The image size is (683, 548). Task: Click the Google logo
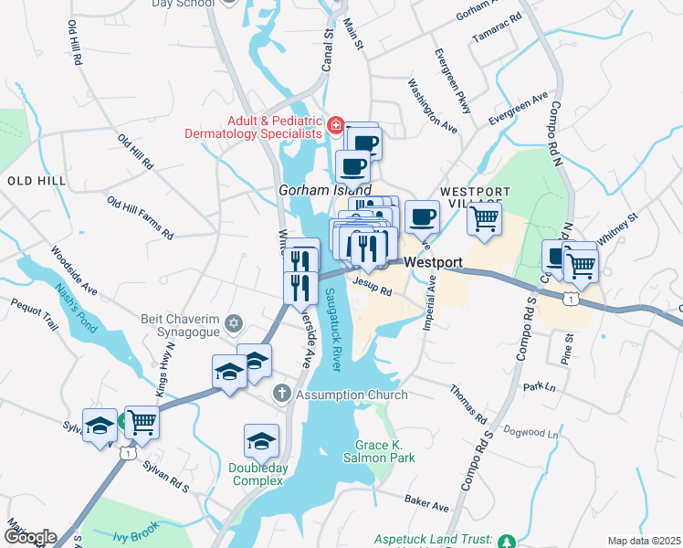(29, 537)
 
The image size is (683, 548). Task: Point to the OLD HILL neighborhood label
(37, 181)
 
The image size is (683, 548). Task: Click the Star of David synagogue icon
(234, 323)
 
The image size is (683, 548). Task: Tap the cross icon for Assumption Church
(282, 394)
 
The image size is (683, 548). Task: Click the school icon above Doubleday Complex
(262, 441)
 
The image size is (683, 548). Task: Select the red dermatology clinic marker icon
(335, 125)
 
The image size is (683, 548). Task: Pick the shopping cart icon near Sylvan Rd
(142, 421)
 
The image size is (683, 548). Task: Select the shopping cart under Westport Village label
(484, 217)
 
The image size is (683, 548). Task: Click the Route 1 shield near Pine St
(571, 298)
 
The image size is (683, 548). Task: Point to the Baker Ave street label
(427, 502)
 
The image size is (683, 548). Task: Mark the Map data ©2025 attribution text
(643, 541)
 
